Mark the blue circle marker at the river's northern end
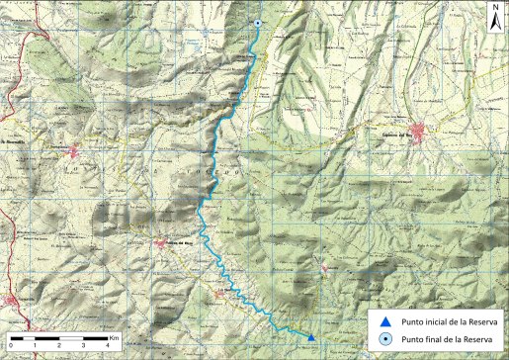(x=258, y=24)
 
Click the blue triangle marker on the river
(x=311, y=338)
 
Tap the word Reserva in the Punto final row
(x=478, y=340)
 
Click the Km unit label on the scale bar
(x=115, y=337)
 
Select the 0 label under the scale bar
(x=12, y=346)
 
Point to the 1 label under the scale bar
(x=36, y=346)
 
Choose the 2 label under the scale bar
(x=59, y=346)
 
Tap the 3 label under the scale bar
(x=83, y=346)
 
